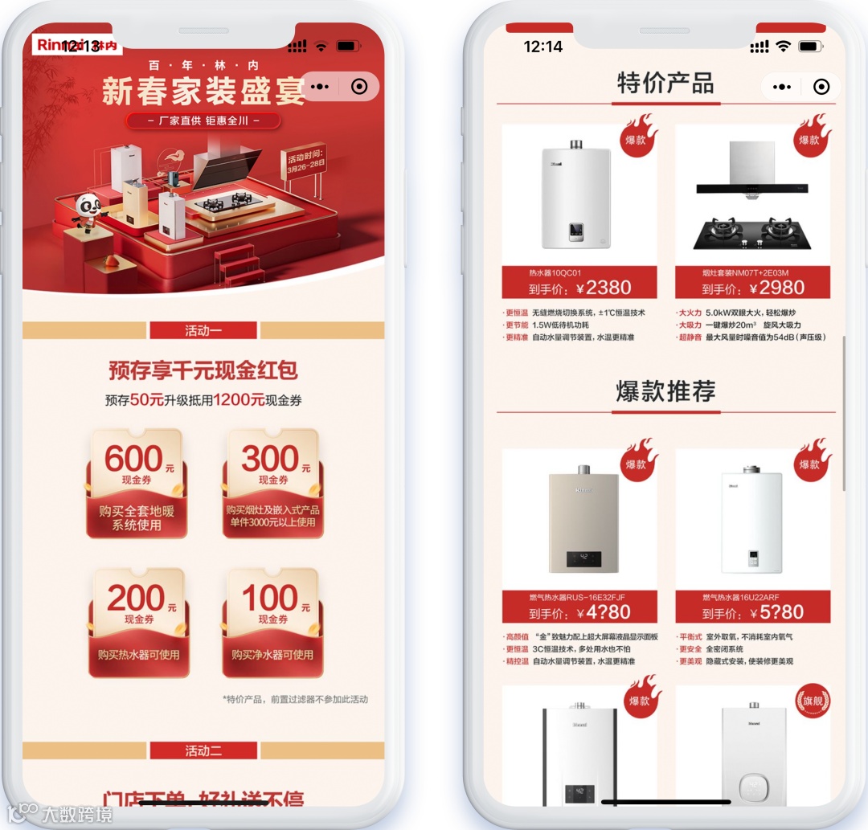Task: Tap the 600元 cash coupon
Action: (136, 483)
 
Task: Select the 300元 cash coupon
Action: (272, 483)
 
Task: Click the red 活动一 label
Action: (203, 330)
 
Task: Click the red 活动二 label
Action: (203, 750)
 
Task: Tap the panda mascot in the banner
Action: (88, 211)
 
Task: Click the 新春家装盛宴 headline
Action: (201, 92)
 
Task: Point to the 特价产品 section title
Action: (665, 83)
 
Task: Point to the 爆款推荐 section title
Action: (665, 391)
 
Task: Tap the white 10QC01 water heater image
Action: (576, 195)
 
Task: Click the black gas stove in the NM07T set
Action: (752, 232)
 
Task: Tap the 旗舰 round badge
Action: (812, 701)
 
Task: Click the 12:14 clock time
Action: (543, 47)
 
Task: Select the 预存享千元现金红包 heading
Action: (203, 370)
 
